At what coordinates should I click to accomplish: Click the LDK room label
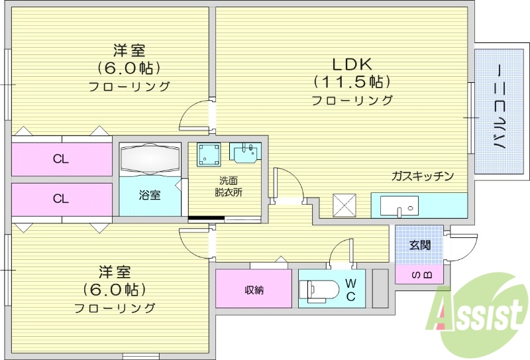[352, 64]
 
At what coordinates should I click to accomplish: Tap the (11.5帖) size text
[352, 82]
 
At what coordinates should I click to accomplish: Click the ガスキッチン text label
[423, 176]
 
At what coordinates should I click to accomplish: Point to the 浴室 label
[150, 195]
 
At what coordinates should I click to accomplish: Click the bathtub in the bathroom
[150, 159]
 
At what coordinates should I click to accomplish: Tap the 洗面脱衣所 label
[229, 186]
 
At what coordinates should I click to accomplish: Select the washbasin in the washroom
[245, 152]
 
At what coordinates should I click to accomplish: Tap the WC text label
[350, 290]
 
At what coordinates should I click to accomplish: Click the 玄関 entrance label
[419, 245]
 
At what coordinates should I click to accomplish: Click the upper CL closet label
[61, 159]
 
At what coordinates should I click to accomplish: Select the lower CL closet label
[61, 198]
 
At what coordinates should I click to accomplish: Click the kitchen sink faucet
[400, 211]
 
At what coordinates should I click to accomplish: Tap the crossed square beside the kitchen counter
[344, 205]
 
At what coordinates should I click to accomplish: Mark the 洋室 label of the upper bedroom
[129, 50]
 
